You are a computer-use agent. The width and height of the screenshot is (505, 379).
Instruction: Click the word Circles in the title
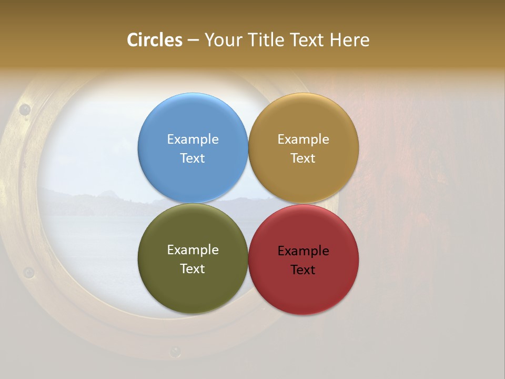point(155,40)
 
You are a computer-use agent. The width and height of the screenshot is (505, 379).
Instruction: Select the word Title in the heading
point(269,40)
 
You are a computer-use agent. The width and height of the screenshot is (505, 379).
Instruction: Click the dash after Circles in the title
point(193,41)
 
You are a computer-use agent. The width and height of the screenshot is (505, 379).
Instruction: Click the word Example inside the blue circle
point(193,139)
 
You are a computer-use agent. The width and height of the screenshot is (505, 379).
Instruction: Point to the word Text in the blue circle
point(193,158)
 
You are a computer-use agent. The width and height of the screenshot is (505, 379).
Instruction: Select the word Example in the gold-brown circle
point(303,139)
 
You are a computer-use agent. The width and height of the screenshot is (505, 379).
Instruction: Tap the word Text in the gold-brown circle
point(303,158)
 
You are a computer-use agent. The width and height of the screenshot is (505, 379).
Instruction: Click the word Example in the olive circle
point(193,250)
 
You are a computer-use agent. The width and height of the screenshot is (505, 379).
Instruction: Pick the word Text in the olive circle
point(193,268)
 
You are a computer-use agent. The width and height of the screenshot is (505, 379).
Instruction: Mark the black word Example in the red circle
point(303,251)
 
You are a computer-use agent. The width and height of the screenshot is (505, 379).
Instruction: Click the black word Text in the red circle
point(303,270)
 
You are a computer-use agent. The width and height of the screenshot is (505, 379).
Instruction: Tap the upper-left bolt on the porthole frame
point(24,109)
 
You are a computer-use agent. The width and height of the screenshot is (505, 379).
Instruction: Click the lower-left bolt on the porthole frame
point(29,273)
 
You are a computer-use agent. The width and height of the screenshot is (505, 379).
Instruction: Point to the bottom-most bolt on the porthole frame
point(175,351)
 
